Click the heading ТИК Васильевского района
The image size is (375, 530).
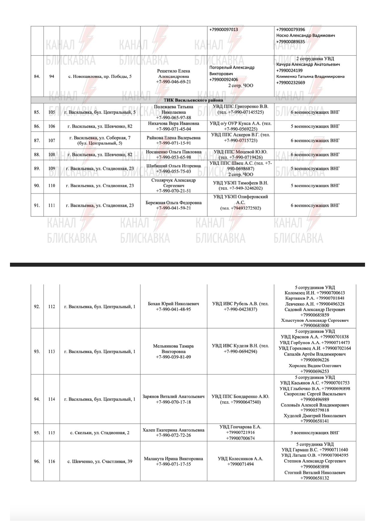pyautogui.click(x=193, y=100)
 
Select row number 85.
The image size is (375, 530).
pyautogui.click(x=37, y=112)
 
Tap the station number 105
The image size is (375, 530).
pyautogui.click(x=52, y=112)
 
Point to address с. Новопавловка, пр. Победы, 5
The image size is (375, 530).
pyautogui.click(x=100, y=76)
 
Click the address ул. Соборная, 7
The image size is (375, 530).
pyautogui.click(x=100, y=138)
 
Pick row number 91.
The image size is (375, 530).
pyautogui.click(x=37, y=205)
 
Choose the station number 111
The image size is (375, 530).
pyautogui.click(x=52, y=205)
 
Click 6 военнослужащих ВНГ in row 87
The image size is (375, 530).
pyautogui.click(x=315, y=140)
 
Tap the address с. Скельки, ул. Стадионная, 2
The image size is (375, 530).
pyautogui.click(x=100, y=433)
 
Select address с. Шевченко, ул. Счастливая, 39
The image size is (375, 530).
pyautogui.click(x=100, y=461)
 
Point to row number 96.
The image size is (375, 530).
pyautogui.click(x=37, y=461)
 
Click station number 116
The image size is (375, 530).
pyautogui.click(x=52, y=461)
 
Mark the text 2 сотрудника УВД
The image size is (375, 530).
pyautogui.click(x=315, y=59)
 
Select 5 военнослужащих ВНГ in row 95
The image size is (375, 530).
pyautogui.click(x=315, y=433)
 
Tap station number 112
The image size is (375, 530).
pyautogui.click(x=52, y=307)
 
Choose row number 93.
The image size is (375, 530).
pyautogui.click(x=37, y=352)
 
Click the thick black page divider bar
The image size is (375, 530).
pyautogui.click(x=187, y=265)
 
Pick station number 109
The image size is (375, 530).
pyautogui.click(x=52, y=169)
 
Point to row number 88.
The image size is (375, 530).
pyautogui.click(x=37, y=155)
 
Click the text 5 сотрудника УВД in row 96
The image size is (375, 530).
pyautogui.click(x=315, y=444)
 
